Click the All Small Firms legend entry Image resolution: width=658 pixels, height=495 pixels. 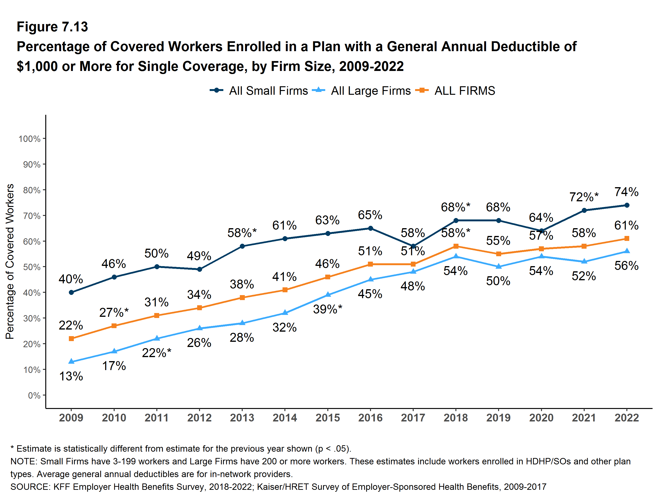tap(259, 91)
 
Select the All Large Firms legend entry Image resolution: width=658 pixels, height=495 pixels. tap(361, 91)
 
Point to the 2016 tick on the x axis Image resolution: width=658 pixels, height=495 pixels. tap(370, 418)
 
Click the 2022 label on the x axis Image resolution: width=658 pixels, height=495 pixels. tap(626, 418)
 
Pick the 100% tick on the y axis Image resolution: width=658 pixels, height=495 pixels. tap(29, 139)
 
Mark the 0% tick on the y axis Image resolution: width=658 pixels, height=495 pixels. tap(34, 395)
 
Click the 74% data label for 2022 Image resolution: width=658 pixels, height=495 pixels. tap(626, 192)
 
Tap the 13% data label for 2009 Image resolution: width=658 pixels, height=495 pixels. tap(71, 376)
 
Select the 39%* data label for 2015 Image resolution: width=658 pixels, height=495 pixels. tap(328, 309)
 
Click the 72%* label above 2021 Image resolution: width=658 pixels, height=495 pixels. tap(584, 197)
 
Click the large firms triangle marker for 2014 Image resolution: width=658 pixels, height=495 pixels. tap(285, 313)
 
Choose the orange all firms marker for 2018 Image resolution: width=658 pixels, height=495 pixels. tap(456, 246)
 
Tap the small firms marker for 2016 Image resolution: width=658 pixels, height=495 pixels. tap(370, 228)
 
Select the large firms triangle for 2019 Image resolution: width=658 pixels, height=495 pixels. tap(499, 266)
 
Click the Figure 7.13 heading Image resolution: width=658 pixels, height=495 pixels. tap(52, 27)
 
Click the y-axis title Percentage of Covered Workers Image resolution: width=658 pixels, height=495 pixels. tap(10, 262)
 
